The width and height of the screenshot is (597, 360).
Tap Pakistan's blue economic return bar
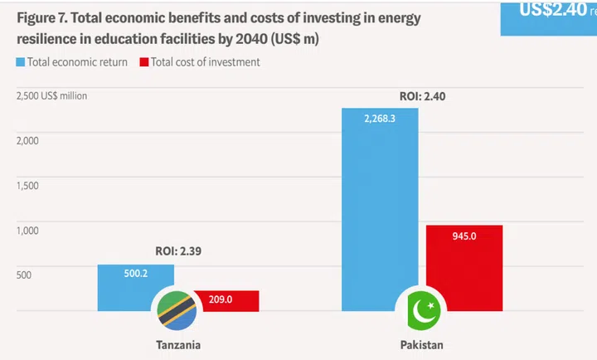[x=380, y=207]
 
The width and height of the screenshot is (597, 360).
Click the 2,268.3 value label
[x=380, y=119]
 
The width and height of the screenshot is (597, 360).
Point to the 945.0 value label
[x=464, y=236]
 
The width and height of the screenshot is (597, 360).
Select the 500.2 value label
[x=136, y=274]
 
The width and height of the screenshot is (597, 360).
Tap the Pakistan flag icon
[x=421, y=311]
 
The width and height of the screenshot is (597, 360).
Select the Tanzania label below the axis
[x=177, y=344]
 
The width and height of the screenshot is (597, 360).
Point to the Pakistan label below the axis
[x=421, y=344]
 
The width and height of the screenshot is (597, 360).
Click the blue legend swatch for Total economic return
[x=20, y=62]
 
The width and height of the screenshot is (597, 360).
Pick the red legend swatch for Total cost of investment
[x=144, y=62]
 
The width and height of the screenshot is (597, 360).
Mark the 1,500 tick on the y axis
[x=27, y=185]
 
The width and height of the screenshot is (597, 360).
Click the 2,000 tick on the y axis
[x=27, y=140]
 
